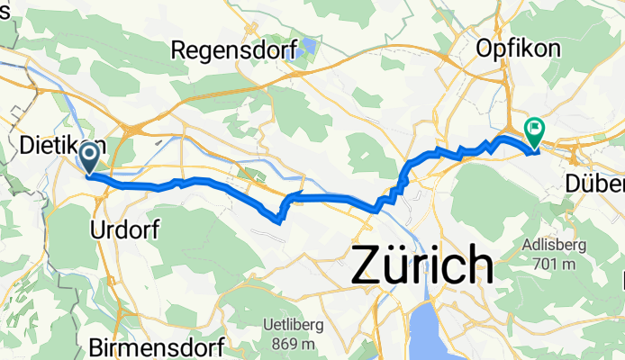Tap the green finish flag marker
click(535, 131)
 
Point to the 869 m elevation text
click(296, 344)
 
